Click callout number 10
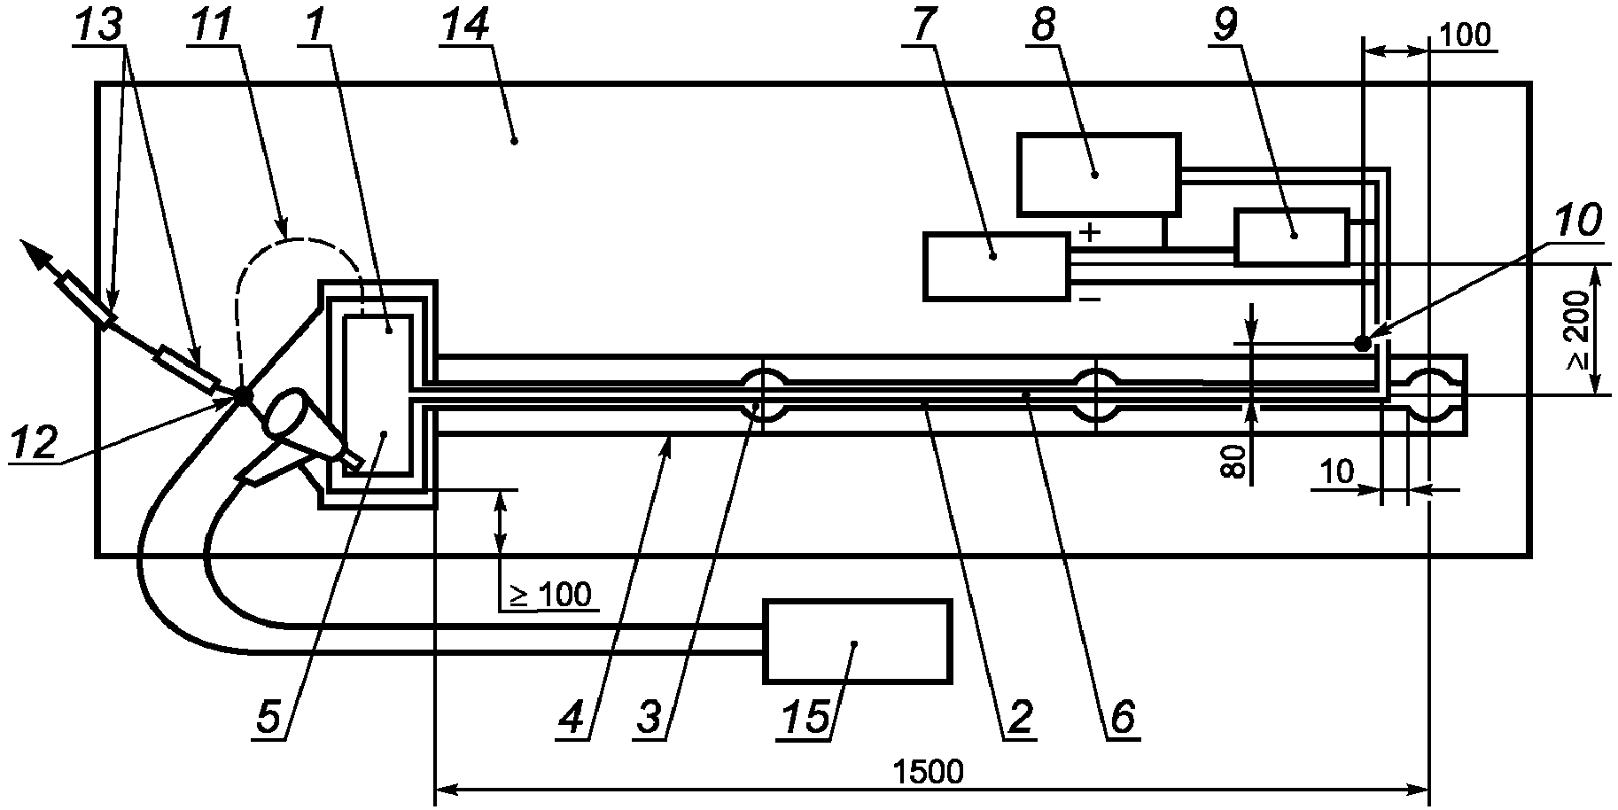[1577, 220]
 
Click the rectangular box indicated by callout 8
[1098, 174]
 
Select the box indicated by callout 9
[1291, 237]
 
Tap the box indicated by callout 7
[995, 265]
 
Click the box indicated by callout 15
[858, 642]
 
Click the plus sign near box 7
[1091, 232]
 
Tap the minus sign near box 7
[1090, 300]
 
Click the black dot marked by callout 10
[1363, 343]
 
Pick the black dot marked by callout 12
[241, 395]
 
